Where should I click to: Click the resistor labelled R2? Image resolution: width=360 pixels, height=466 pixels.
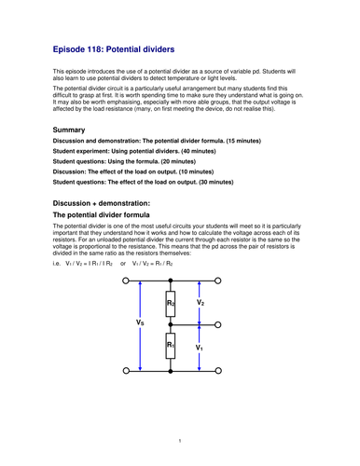coord(170,302)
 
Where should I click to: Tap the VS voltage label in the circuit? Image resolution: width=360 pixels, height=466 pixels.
coord(140,323)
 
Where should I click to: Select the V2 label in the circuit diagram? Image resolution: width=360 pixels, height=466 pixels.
coord(200,302)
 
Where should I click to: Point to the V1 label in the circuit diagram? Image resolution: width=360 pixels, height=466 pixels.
coord(200,347)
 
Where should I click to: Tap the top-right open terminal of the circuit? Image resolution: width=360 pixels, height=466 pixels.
coord(217,281)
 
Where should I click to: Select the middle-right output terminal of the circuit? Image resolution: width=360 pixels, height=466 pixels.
coord(217,324)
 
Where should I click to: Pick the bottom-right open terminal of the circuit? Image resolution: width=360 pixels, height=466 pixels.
coord(217,368)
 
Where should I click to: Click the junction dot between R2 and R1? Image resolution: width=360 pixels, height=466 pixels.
coord(170,324)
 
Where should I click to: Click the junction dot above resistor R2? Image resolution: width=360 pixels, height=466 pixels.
coord(170,281)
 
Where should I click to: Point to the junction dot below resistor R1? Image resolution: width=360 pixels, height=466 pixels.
coord(170,368)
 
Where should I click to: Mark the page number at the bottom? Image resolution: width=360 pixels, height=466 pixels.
coord(180,439)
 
